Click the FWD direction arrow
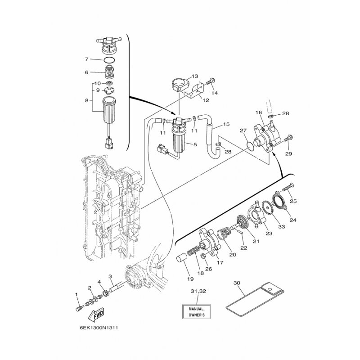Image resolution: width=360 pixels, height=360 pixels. tap(96, 314)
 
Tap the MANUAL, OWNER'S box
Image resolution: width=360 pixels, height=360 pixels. tap(197, 312)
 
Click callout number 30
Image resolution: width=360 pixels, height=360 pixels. tap(237, 283)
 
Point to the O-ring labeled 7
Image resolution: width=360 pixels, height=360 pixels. tap(109, 60)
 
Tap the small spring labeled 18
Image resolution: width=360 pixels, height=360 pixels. tap(193, 250)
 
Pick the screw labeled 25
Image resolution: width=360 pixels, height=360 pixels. tap(288, 188)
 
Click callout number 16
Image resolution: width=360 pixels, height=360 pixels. tap(258, 112)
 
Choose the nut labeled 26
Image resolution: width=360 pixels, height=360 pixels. tap(203, 256)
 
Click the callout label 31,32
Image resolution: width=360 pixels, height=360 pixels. tap(198, 291)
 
